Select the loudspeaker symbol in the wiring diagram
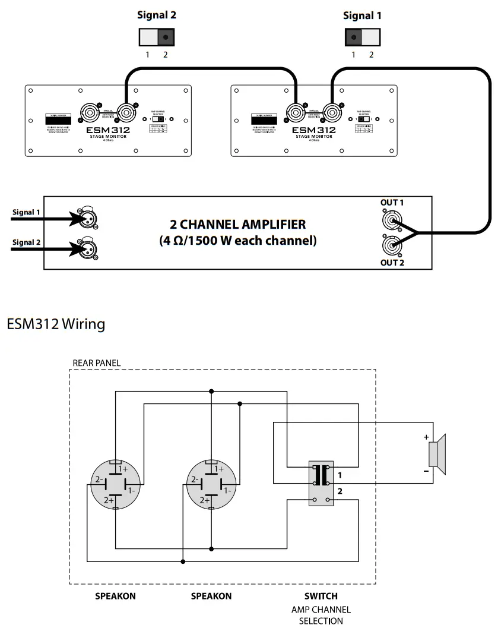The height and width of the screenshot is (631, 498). pyautogui.click(x=437, y=454)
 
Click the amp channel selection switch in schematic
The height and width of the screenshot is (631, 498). pyautogui.click(x=321, y=484)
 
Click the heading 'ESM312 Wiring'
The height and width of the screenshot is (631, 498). pyautogui.click(x=56, y=324)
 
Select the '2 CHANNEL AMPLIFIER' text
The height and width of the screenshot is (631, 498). pyautogui.click(x=238, y=225)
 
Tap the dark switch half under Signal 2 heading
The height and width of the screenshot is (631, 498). pyautogui.click(x=166, y=37)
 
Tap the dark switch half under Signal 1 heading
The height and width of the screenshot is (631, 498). pyautogui.click(x=354, y=37)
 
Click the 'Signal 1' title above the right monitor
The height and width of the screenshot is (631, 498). pyautogui.click(x=362, y=15)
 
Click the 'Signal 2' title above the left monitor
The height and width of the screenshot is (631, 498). pyautogui.click(x=157, y=15)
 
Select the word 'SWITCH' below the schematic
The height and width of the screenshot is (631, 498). pyautogui.click(x=321, y=596)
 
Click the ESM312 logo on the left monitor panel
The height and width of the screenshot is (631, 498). pyautogui.click(x=107, y=130)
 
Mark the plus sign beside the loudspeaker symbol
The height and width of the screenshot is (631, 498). pyautogui.click(x=426, y=437)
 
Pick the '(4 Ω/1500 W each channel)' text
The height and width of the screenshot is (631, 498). pyautogui.click(x=238, y=241)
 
